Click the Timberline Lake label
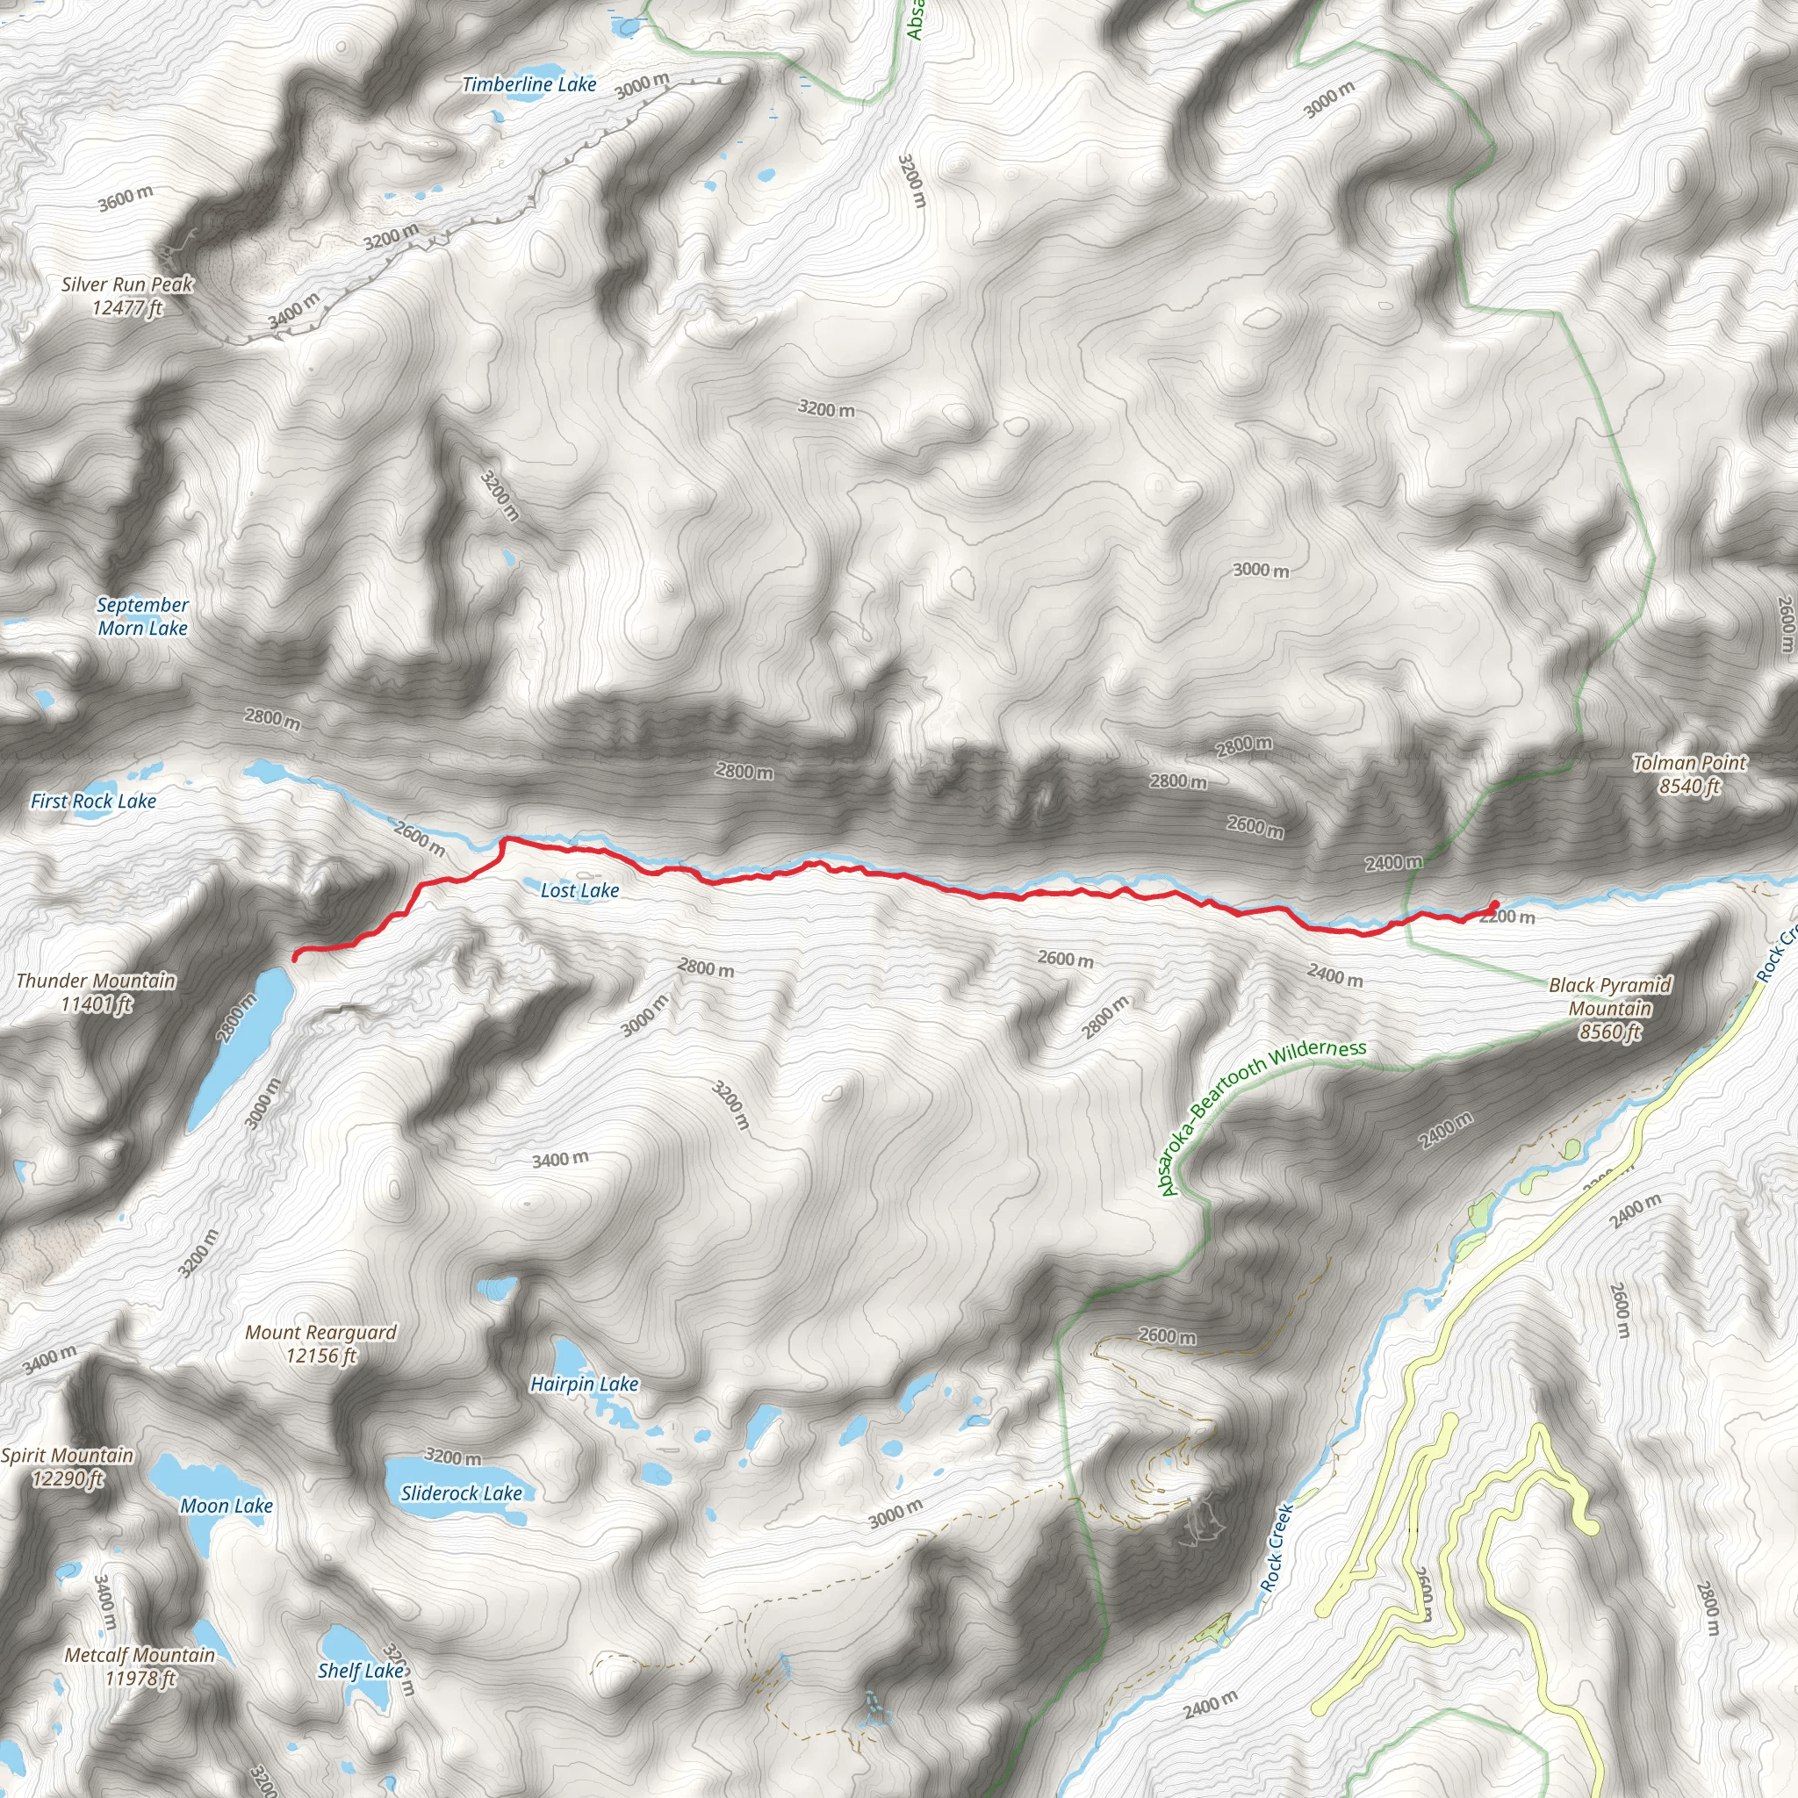pyautogui.click(x=529, y=84)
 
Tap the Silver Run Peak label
pyautogui.click(x=127, y=296)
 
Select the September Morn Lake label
pyautogui.click(x=143, y=616)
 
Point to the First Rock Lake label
pyautogui.click(x=93, y=802)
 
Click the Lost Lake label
pyautogui.click(x=579, y=890)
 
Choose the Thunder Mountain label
pyautogui.click(x=96, y=992)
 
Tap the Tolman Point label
pyautogui.click(x=1689, y=774)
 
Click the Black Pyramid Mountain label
pyautogui.click(x=1610, y=1008)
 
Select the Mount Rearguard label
pyautogui.click(x=321, y=1344)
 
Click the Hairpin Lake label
pyautogui.click(x=585, y=1384)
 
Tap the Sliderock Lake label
pyautogui.click(x=462, y=1492)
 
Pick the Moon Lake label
pyautogui.click(x=227, y=1506)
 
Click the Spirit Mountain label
pyautogui.click(x=67, y=1467)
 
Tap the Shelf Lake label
pyautogui.click(x=361, y=1671)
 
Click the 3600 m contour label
pyautogui.click(x=126, y=198)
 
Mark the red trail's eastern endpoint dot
pyautogui.click(x=1493, y=904)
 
